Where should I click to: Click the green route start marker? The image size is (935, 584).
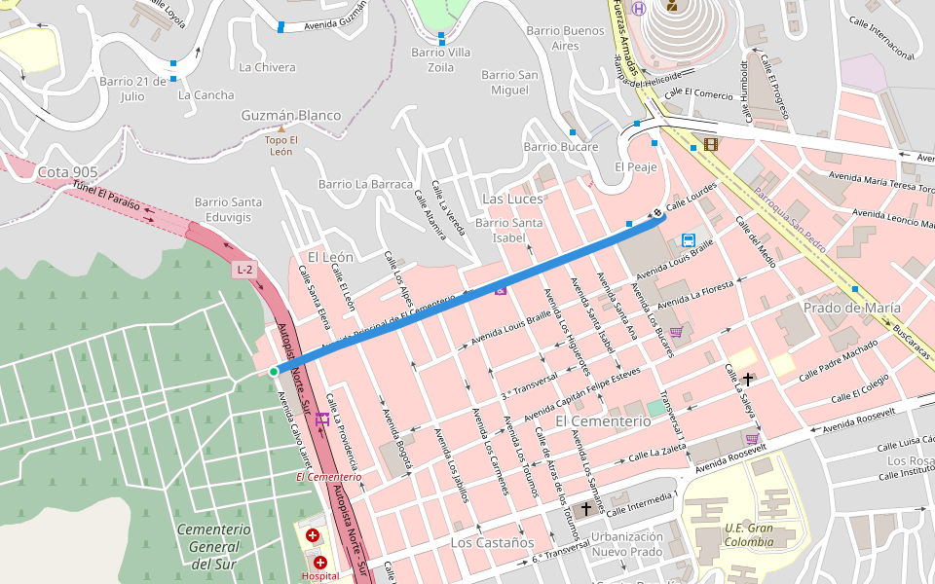[274, 372]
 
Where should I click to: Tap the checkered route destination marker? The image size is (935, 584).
[659, 213]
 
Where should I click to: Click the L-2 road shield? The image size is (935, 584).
[244, 270]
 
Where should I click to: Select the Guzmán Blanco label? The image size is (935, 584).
[291, 116]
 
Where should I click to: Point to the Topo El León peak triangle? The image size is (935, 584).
[281, 128]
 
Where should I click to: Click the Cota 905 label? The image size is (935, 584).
[67, 172]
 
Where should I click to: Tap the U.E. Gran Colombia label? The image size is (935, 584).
[748, 535]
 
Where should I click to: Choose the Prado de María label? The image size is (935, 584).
[851, 308]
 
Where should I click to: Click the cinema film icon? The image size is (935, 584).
[709, 145]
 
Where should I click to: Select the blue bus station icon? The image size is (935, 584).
[689, 240]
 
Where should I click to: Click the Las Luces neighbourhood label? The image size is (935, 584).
[512, 199]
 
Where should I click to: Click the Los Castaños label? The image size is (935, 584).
[492, 541]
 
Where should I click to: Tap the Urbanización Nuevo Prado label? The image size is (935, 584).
[626, 544]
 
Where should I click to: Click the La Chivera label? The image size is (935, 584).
[267, 67]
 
